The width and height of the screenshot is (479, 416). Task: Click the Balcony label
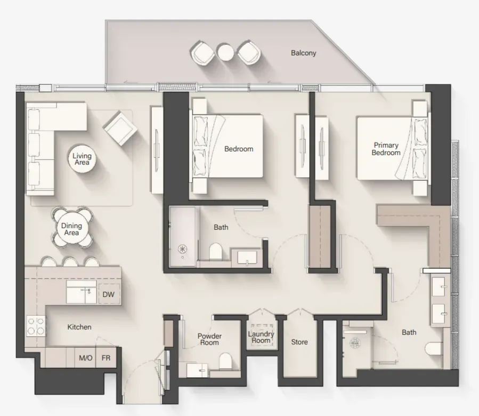303,53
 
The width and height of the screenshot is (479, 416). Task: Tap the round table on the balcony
226,53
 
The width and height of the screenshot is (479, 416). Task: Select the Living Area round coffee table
82,159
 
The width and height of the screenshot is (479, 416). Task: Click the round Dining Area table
72,229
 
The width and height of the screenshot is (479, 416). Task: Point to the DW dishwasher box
109,294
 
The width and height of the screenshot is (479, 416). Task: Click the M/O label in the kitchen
86,357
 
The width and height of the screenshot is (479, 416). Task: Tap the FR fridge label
106,357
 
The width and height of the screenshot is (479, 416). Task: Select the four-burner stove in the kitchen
36,326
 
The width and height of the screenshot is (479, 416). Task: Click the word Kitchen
79,327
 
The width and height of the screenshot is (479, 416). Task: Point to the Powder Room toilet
225,361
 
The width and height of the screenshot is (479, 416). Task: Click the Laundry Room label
261,337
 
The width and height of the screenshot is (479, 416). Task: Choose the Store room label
299,342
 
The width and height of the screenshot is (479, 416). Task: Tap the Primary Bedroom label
386,149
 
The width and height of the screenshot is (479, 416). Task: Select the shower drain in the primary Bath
355,343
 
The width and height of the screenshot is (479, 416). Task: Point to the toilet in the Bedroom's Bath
215,251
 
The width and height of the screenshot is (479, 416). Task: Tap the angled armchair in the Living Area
120,128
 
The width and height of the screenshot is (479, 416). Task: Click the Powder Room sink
197,370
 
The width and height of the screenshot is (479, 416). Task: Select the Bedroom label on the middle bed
239,149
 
